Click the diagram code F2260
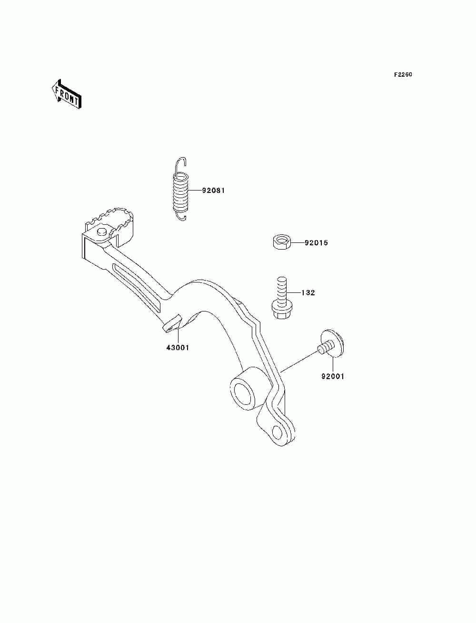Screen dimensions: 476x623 coord(403,75)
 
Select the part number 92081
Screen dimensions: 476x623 coord(213,191)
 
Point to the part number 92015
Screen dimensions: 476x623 coord(317,243)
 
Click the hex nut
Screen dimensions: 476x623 coord(281,242)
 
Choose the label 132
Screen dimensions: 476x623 coord(308,293)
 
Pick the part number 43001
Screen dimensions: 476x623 coord(178,348)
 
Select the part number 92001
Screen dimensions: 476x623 coord(333,376)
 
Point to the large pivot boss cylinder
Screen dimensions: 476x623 coord(245,391)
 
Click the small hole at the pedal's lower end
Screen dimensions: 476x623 coord(278,432)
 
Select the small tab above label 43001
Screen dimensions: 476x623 coord(172,322)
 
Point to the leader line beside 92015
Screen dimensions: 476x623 coord(297,243)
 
